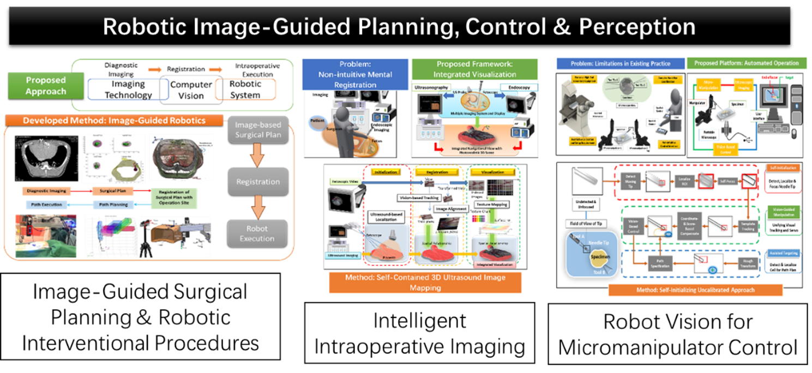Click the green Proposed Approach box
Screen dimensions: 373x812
[46, 86]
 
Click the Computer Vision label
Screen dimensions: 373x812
[191, 90]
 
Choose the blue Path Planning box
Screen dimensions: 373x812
[113, 205]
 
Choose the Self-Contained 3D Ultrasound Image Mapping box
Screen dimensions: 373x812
[425, 282]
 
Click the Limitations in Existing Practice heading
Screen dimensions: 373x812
[620, 64]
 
